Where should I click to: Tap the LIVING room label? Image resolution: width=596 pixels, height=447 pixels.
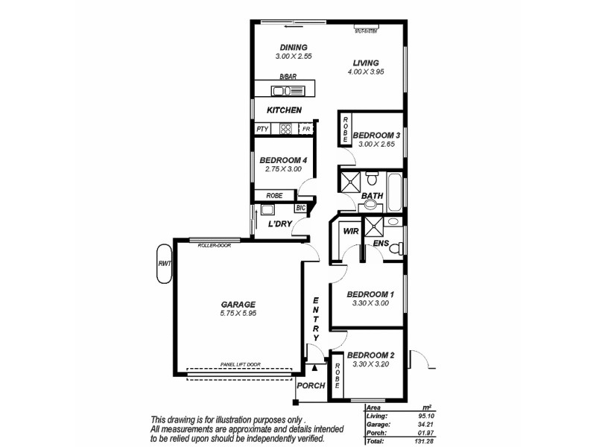click(x=364, y=63)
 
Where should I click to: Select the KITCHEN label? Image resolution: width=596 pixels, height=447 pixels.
click(x=284, y=110)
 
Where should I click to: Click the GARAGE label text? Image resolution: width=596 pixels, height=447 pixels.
click(x=238, y=304)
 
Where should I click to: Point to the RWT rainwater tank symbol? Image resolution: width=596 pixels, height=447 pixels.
click(x=162, y=264)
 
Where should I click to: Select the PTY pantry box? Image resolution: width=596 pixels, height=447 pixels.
click(x=261, y=129)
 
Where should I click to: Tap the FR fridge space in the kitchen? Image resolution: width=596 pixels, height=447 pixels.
click(x=305, y=129)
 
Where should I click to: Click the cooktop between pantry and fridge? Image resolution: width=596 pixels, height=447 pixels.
click(x=285, y=129)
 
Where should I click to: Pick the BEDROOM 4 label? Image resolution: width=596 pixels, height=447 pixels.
click(x=283, y=160)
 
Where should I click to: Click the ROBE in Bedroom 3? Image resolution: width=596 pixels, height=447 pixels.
click(x=345, y=130)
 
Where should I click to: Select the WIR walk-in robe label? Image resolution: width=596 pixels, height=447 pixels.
click(x=351, y=232)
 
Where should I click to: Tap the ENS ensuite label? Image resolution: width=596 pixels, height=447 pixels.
click(x=380, y=244)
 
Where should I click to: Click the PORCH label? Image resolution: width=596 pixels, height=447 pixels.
click(x=311, y=386)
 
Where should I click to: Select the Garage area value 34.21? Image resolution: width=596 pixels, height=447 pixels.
click(x=424, y=425)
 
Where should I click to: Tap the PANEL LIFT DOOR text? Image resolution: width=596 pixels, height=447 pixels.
click(x=240, y=364)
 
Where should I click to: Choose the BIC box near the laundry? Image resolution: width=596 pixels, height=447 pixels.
click(x=301, y=209)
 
